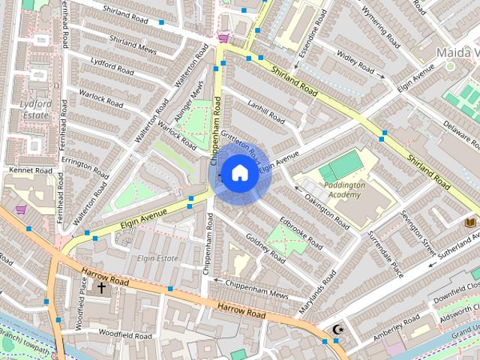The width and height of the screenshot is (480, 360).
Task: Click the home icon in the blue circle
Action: (x=238, y=173)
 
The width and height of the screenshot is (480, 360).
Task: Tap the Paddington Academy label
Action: (x=346, y=189)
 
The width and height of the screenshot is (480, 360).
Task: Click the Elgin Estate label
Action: (x=157, y=258)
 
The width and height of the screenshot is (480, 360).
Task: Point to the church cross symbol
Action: (x=101, y=287)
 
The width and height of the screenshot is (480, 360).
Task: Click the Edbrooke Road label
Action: (x=301, y=233)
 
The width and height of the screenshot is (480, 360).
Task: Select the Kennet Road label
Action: (x=31, y=171)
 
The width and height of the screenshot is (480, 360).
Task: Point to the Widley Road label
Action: (x=355, y=63)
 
